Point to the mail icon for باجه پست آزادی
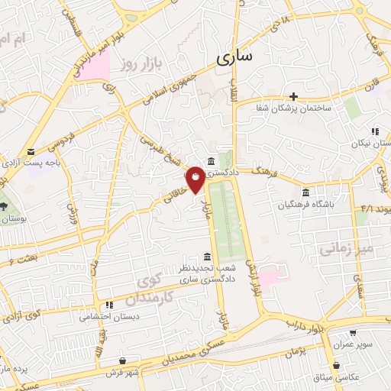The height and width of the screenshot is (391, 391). point(31,152)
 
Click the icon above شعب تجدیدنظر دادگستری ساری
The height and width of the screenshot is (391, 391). point(207,257)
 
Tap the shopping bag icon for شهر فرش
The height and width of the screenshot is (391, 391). point(122,360)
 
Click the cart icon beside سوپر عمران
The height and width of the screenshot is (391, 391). point(354,333)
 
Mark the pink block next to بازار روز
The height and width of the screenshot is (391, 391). point(95,67)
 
